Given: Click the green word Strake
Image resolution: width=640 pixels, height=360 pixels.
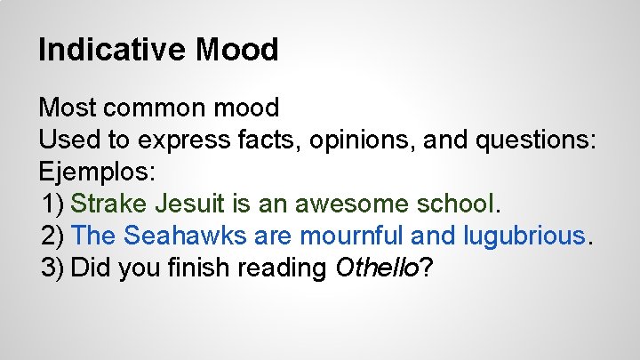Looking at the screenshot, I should [x=108, y=204].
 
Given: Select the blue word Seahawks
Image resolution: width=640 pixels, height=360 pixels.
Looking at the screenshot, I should [x=188, y=236].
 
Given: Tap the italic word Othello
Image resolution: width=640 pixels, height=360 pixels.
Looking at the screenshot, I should [x=375, y=268].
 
